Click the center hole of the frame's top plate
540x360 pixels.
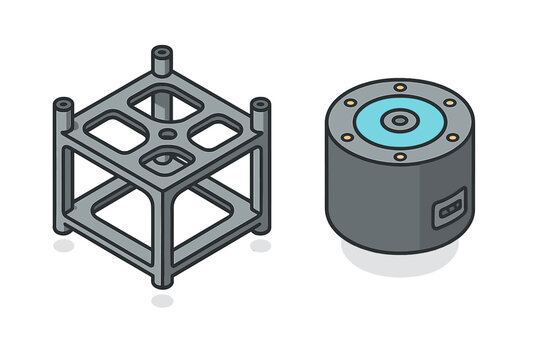(162, 131)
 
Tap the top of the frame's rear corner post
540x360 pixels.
(161, 51)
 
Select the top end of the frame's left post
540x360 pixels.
(63, 103)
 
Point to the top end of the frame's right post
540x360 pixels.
(259, 104)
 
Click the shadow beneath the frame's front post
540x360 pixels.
(162, 299)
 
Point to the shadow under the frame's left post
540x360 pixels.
(63, 245)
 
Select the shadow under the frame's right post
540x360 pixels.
(261, 245)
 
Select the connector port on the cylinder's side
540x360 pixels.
(447, 209)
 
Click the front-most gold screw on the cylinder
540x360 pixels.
(399, 156)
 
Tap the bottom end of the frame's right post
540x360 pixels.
(259, 228)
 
